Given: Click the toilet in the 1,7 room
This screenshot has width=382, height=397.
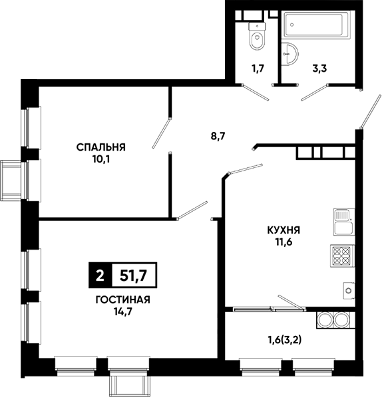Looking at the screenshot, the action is [257, 36].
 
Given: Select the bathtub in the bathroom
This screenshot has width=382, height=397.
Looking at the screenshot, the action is [315, 25].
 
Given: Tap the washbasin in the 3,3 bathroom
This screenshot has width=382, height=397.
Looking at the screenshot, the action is [289, 54].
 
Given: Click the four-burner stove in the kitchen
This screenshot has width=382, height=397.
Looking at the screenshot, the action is [342, 256].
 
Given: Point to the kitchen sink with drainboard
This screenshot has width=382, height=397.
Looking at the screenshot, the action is [344, 222].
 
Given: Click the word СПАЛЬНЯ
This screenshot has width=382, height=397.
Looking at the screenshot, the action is [101, 147].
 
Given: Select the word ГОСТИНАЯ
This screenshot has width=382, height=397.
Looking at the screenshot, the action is [123, 300].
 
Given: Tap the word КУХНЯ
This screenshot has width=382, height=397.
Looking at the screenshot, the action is [284, 230].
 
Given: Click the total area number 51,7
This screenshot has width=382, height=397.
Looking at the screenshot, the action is [134, 276].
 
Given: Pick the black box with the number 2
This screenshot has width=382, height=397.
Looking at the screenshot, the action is [100, 276].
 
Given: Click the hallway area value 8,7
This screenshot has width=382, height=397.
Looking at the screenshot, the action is [218, 137].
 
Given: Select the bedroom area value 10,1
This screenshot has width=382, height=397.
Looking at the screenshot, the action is [101, 159].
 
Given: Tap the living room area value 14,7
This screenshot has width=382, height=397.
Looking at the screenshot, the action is [123, 312].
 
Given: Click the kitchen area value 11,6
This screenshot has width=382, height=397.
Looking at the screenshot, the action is [284, 242].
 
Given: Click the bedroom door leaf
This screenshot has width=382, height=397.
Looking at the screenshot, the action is [161, 133].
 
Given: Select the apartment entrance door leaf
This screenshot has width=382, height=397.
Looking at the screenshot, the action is [370, 111].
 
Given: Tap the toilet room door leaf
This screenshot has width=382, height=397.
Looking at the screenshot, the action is [255, 92].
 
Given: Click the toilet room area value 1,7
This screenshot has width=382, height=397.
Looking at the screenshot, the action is [258, 68].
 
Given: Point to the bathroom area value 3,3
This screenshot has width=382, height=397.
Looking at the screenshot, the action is [319, 68].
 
